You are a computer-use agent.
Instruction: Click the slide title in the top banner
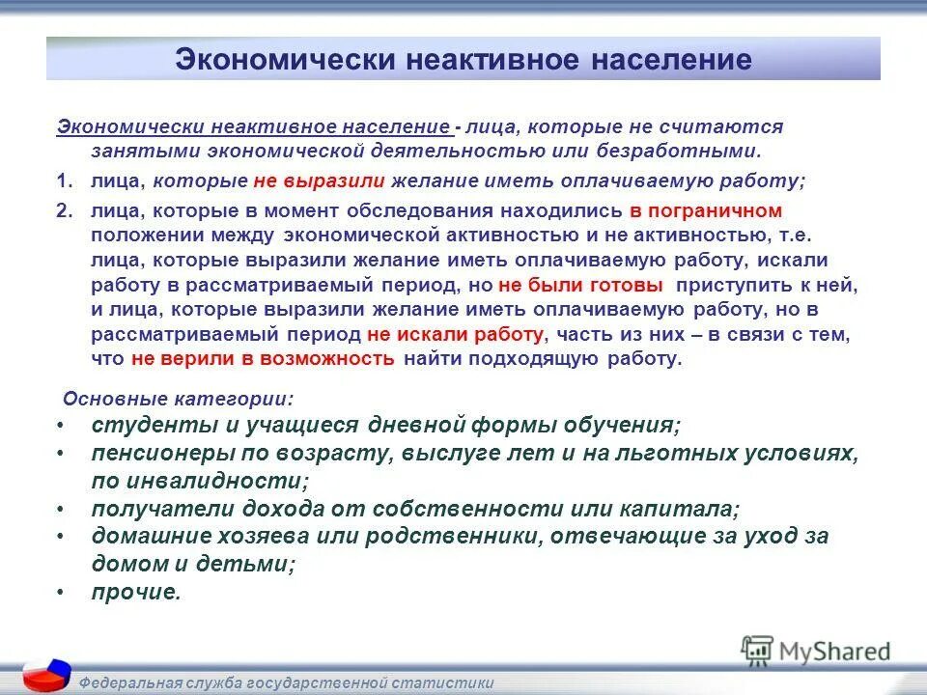coord(463,60)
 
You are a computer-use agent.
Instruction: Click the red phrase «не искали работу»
coord(456,334)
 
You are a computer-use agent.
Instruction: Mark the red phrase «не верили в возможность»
coord(263,359)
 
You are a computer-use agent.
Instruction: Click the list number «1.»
coord(65,181)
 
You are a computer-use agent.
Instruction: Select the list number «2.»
coord(65,210)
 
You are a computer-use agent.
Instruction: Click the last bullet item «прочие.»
coord(136,593)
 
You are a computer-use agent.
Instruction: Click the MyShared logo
coord(816,651)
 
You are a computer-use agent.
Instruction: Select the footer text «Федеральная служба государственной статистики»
coord(286,682)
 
